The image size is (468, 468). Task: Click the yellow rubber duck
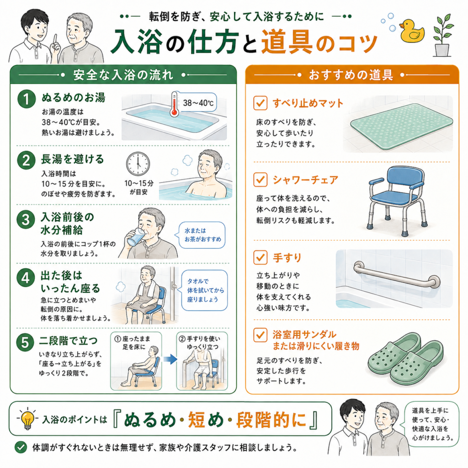(412, 31)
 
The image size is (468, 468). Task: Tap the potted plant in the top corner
(443, 35)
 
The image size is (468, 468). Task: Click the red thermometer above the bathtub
(174, 104)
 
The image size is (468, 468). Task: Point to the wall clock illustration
(138, 164)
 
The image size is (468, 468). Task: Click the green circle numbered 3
(26, 219)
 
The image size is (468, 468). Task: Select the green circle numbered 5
(26, 342)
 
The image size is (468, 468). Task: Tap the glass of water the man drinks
(135, 238)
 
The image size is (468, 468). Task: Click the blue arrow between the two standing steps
(170, 359)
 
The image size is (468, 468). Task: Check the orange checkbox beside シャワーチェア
(260, 180)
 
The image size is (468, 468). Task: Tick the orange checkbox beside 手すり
(260, 257)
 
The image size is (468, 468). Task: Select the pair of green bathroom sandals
(405, 359)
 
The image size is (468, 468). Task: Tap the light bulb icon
(27, 419)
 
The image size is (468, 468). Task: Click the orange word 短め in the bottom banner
(206, 420)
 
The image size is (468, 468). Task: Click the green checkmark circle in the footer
(21, 447)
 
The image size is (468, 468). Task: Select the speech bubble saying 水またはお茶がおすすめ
(202, 235)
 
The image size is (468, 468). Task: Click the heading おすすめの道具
(351, 75)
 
